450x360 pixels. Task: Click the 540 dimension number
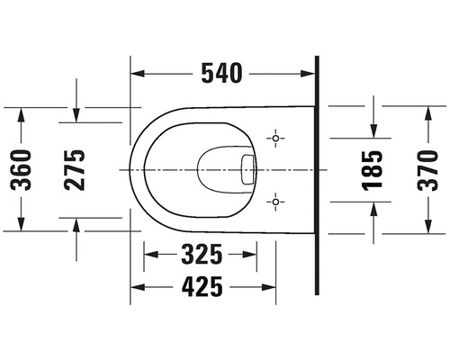[221, 73]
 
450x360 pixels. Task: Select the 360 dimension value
[21, 170]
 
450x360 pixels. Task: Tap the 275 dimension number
[75, 170]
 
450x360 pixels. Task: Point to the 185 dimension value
[373, 170]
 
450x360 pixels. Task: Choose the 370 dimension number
[427, 170]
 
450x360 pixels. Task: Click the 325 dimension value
[202, 255]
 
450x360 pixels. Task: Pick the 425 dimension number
[202, 287]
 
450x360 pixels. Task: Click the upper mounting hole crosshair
[275, 139]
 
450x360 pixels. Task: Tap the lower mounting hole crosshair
[275, 202]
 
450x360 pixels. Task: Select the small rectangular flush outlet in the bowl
[247, 169]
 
